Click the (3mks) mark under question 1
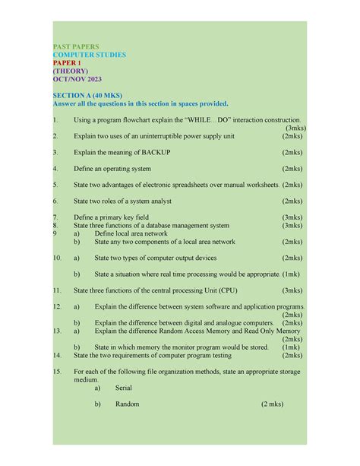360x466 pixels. point(291,128)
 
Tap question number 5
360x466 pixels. point(55,185)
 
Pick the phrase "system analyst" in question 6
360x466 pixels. point(149,201)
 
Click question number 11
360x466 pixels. point(57,290)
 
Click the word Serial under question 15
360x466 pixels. point(124,388)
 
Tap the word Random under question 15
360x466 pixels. point(128,404)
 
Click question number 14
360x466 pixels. point(57,355)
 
